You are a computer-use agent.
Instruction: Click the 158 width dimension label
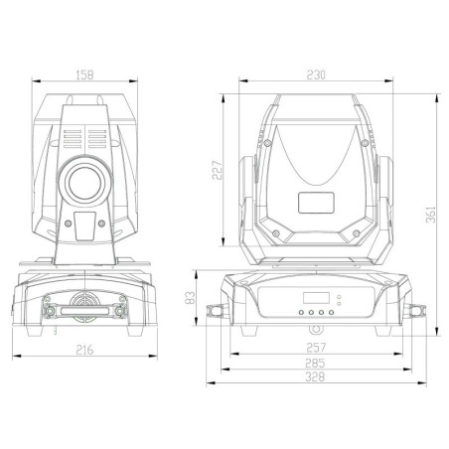tap(84, 75)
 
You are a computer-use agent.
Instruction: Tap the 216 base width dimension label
tap(84, 350)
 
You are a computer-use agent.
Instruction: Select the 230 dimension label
tap(316, 75)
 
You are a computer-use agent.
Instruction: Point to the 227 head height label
tap(218, 170)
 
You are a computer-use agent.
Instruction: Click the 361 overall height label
tap(431, 215)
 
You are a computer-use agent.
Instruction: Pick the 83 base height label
tap(190, 298)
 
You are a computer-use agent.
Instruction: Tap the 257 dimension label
tap(316, 348)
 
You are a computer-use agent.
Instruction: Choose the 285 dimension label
tap(315, 363)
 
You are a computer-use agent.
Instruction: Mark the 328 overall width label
tap(315, 376)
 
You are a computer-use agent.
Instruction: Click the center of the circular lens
tap(85, 183)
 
